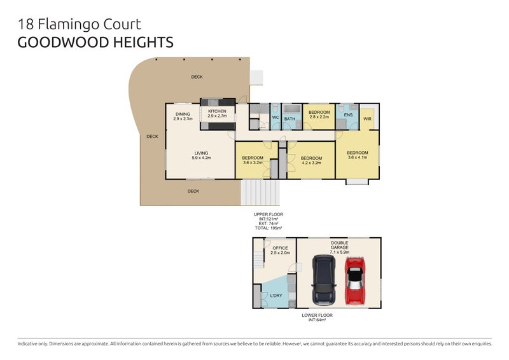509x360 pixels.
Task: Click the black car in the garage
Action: (x=324, y=280)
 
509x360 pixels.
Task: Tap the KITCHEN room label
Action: (x=217, y=111)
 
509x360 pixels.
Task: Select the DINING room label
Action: (x=183, y=114)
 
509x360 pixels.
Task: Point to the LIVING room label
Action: (x=202, y=153)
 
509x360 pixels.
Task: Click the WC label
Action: (x=275, y=118)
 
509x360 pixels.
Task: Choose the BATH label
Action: (x=290, y=119)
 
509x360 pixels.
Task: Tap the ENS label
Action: (x=348, y=114)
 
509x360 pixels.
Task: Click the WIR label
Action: (x=367, y=119)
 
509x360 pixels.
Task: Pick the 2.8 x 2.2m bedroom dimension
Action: (x=319, y=117)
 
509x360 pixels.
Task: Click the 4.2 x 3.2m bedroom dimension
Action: (x=310, y=163)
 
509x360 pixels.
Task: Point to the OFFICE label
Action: (x=280, y=248)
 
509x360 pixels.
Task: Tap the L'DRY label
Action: (x=276, y=296)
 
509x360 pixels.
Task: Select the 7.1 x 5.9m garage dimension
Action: (x=338, y=253)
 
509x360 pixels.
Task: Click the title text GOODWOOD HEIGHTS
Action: (x=95, y=43)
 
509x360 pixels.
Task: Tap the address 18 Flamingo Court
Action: (x=79, y=25)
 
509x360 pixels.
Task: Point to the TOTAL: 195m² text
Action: (x=268, y=228)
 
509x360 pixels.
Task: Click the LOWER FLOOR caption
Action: (x=317, y=315)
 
